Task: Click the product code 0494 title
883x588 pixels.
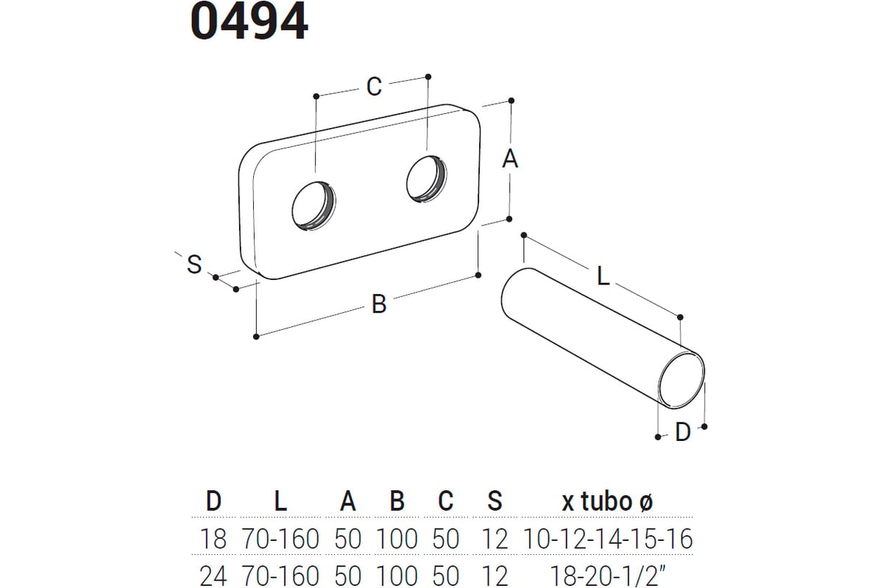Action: coord(249,21)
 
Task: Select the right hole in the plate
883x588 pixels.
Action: coord(427,179)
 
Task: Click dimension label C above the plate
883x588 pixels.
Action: coord(374,86)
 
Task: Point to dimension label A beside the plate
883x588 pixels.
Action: coord(510,159)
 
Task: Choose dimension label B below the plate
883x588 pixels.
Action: coord(379,304)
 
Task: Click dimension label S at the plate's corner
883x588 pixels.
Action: coord(194,264)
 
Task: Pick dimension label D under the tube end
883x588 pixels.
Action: coord(683,432)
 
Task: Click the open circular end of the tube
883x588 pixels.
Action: coord(681,380)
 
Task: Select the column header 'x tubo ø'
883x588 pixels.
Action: coord(608,501)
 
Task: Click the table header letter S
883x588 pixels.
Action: coord(494,501)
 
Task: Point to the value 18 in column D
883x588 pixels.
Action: coord(213,538)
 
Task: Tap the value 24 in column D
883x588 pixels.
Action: coord(213,576)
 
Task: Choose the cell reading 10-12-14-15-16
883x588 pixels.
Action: coord(608,538)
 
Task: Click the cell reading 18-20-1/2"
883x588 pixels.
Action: coord(608,576)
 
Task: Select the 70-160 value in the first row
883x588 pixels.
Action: coord(280,538)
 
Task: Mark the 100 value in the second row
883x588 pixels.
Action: coord(397,576)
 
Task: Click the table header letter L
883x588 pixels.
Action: coord(280,501)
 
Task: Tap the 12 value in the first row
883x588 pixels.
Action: coord(494,538)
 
